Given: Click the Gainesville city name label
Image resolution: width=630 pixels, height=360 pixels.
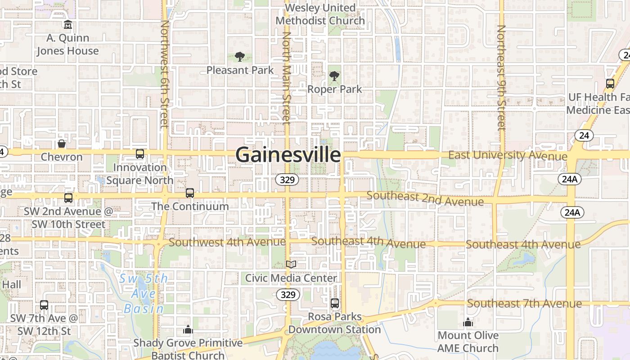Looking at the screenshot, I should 288,155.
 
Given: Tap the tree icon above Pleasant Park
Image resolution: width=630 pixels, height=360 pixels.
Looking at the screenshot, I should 240,57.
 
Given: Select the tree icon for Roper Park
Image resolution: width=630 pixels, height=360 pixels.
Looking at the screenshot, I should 334,76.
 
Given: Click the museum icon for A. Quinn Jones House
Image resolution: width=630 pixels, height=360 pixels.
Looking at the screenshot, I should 67,24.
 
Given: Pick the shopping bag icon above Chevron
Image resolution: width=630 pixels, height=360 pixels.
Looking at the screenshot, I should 62,144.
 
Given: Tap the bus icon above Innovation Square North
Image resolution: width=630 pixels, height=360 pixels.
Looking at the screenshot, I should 140,154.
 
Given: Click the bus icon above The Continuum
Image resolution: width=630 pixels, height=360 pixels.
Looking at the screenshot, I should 190,193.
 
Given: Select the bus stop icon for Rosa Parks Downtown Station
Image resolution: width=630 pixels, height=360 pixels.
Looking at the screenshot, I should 334,303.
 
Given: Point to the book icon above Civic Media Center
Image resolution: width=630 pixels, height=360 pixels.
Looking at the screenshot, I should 291,264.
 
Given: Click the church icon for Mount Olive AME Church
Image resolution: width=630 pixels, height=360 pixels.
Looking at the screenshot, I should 468,322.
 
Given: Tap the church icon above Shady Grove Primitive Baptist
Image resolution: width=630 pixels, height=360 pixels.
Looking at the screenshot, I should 188,330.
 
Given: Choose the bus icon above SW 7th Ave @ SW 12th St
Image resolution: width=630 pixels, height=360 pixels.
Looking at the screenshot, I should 44,305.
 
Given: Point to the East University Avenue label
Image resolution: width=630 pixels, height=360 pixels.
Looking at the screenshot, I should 508,155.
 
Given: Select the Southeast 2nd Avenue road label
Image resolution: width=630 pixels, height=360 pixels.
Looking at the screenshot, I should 425,198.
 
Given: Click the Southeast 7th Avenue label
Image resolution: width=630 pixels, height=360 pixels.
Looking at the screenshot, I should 524,303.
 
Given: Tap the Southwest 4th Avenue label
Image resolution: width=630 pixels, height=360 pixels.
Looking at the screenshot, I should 227,242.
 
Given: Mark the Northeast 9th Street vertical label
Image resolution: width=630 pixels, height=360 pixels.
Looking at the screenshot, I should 501,77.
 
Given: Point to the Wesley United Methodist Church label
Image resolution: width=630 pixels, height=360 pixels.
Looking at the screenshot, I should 320,14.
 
